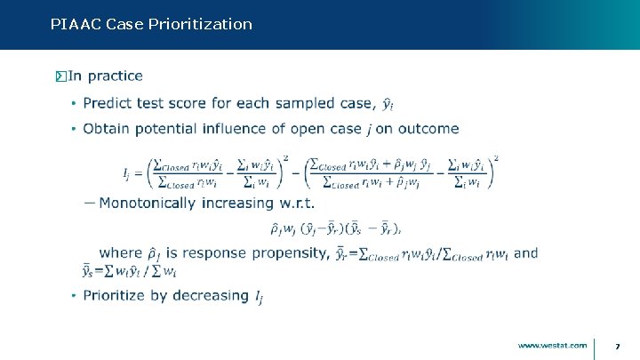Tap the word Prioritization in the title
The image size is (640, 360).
pyautogui.click(x=203, y=24)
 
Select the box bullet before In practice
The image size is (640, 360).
pyautogui.click(x=60, y=76)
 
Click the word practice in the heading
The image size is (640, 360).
pyautogui.click(x=116, y=76)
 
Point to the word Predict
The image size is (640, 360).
pyautogui.click(x=108, y=103)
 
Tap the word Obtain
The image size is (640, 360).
pyautogui.click(x=108, y=129)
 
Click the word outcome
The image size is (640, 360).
pyautogui.click(x=428, y=129)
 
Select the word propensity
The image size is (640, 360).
pyautogui.click(x=289, y=253)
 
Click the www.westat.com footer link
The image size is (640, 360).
pyautogui.click(x=552, y=345)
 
